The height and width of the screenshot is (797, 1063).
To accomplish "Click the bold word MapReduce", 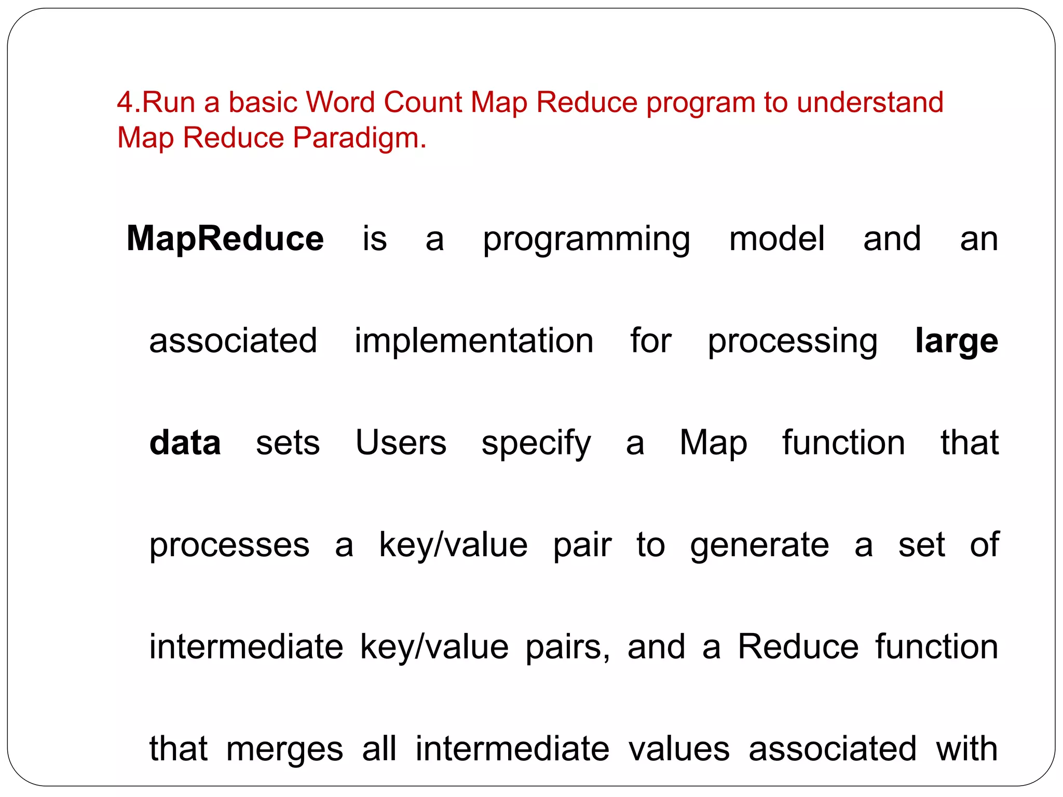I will [225, 239].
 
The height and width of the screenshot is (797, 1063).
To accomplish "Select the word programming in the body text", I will [586, 240].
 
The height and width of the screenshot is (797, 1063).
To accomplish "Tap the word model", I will [776, 239].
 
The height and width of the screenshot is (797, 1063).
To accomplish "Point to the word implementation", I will [473, 341].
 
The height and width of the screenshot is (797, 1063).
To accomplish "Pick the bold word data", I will [185, 443].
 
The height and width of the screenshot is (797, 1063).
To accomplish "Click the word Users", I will [401, 443].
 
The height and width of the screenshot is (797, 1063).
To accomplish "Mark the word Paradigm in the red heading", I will [359, 138].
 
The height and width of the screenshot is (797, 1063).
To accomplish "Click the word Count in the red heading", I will [423, 102].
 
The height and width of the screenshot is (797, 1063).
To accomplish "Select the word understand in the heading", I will [870, 102].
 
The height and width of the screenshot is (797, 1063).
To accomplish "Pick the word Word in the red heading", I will [339, 102].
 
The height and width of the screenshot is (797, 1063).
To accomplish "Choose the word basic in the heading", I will [263, 102].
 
